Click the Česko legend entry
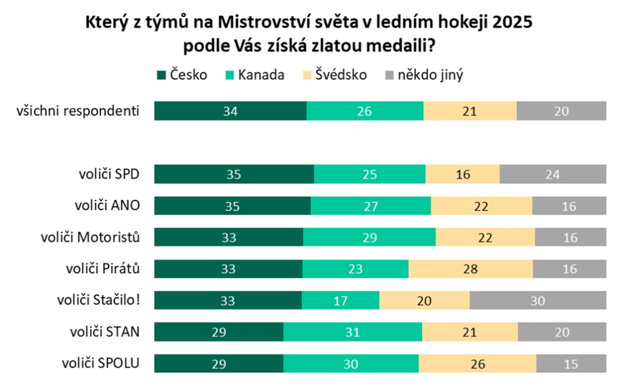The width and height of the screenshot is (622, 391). tap(182, 75)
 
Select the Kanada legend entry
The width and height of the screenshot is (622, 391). tap(255, 75)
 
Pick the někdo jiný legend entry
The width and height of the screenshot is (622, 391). tap(425, 75)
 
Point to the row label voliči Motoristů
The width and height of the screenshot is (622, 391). tap(91, 237)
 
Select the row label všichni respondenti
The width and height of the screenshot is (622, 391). tap(79, 111)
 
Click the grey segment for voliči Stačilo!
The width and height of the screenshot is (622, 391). tap(538, 300)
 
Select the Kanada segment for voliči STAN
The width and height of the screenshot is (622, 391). tap(353, 332)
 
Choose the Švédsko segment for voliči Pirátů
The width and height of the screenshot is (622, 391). tap(471, 269)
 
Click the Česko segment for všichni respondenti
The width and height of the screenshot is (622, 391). tap(230, 111)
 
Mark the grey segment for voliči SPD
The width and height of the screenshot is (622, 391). tap(553, 174)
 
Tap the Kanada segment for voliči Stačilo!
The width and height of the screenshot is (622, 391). tap(341, 300)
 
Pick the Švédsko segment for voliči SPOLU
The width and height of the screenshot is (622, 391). tap(477, 364)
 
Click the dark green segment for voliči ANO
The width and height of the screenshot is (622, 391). tap(233, 206)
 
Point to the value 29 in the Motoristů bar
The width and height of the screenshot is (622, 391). tap(369, 237)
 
